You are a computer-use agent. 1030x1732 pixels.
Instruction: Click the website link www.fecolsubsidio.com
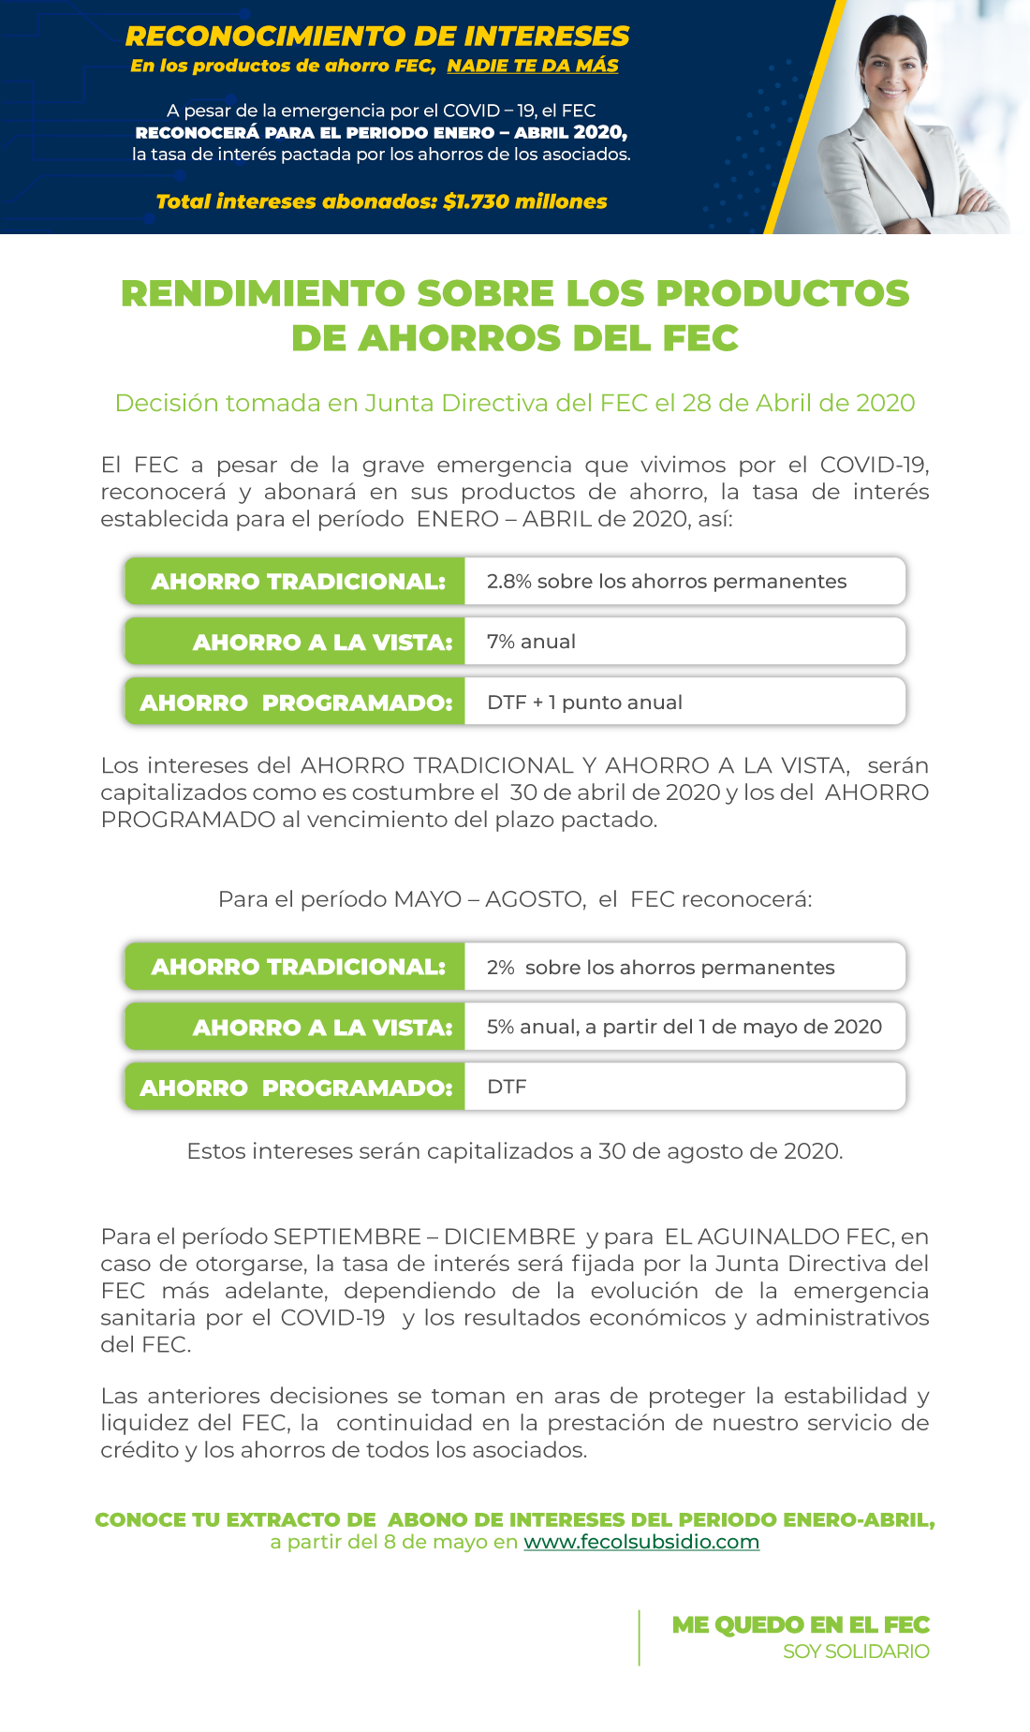pyautogui.click(x=641, y=1542)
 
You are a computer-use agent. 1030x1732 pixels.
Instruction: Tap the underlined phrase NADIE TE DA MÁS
pyautogui.click(x=532, y=66)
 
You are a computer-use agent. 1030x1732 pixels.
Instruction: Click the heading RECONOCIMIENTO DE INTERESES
pyautogui.click(x=377, y=37)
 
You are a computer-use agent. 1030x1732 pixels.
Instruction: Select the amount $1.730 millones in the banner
pyautogui.click(x=524, y=201)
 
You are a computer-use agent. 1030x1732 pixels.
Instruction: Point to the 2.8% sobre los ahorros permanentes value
pyautogui.click(x=666, y=582)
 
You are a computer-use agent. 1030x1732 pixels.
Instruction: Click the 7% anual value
pyautogui.click(x=531, y=642)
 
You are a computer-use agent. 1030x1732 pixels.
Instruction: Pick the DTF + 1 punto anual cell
pyautogui.click(x=584, y=703)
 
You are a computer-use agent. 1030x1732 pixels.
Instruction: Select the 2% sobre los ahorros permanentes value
pyautogui.click(x=660, y=968)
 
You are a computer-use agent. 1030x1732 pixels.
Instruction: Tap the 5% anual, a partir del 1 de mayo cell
pyautogui.click(x=684, y=1028)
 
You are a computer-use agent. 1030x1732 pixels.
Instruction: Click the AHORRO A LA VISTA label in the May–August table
pyautogui.click(x=322, y=1028)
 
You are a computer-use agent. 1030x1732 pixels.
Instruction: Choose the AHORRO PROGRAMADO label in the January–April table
pyautogui.click(x=296, y=703)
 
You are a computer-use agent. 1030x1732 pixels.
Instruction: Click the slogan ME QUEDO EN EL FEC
pyautogui.click(x=801, y=1625)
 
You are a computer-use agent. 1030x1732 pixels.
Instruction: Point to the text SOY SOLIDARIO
pyautogui.click(x=856, y=1651)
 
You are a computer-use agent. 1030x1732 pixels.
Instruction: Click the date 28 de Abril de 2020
pyautogui.click(x=798, y=403)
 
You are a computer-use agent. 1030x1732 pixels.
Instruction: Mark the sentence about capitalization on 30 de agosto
pyautogui.click(x=515, y=1151)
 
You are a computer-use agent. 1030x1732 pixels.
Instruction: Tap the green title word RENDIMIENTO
pyautogui.click(x=262, y=293)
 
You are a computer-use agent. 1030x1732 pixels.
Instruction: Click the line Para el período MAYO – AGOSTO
pyautogui.click(x=515, y=899)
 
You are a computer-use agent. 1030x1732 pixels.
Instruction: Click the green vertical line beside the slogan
pyautogui.click(x=640, y=1637)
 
